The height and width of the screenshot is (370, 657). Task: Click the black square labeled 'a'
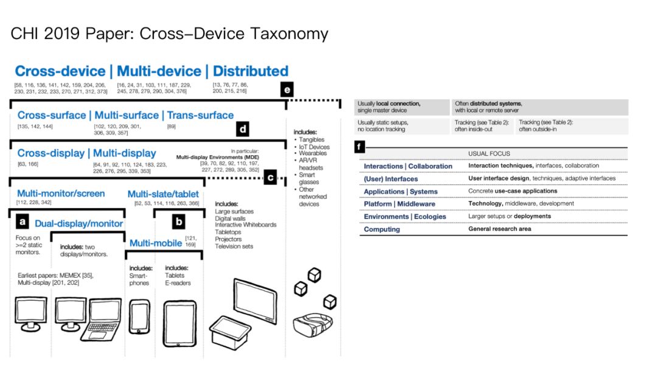click(22, 220)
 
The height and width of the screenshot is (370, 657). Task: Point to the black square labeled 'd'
click(243, 129)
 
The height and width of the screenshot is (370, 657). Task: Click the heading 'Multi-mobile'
click(156, 243)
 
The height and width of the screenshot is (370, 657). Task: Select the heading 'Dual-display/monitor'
click(78, 223)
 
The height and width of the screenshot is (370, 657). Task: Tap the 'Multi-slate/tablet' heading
click(163, 194)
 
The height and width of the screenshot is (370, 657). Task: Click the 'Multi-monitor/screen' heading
click(61, 194)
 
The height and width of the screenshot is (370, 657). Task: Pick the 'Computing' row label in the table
click(382, 229)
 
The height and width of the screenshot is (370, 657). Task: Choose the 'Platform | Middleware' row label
click(399, 204)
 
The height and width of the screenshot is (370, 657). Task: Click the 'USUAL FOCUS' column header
click(489, 154)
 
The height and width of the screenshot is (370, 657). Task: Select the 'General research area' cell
click(499, 229)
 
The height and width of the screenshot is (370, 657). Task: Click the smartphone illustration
click(140, 317)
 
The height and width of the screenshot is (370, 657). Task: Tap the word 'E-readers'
click(178, 283)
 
